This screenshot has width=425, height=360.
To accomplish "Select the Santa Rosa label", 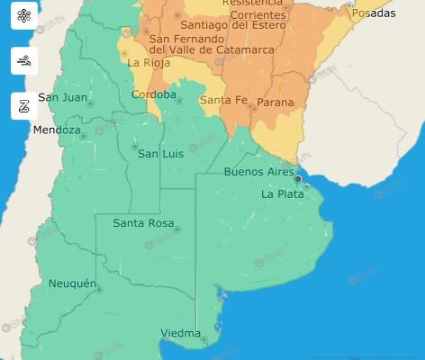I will click(x=142, y=222).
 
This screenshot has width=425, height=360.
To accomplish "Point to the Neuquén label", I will click(x=72, y=283).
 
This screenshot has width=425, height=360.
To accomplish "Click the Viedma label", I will click(x=180, y=334).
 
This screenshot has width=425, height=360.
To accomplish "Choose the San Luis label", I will click(x=160, y=154).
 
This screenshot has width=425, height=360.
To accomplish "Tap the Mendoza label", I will click(x=57, y=130).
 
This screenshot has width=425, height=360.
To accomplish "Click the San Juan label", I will click(x=62, y=96).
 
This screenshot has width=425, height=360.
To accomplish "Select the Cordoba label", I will click(x=154, y=94).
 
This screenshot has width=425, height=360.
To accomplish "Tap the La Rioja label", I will click(x=146, y=63).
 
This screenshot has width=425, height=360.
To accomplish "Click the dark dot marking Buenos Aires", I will click(x=298, y=178).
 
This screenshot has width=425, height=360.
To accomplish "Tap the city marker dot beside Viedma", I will click(x=204, y=340).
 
